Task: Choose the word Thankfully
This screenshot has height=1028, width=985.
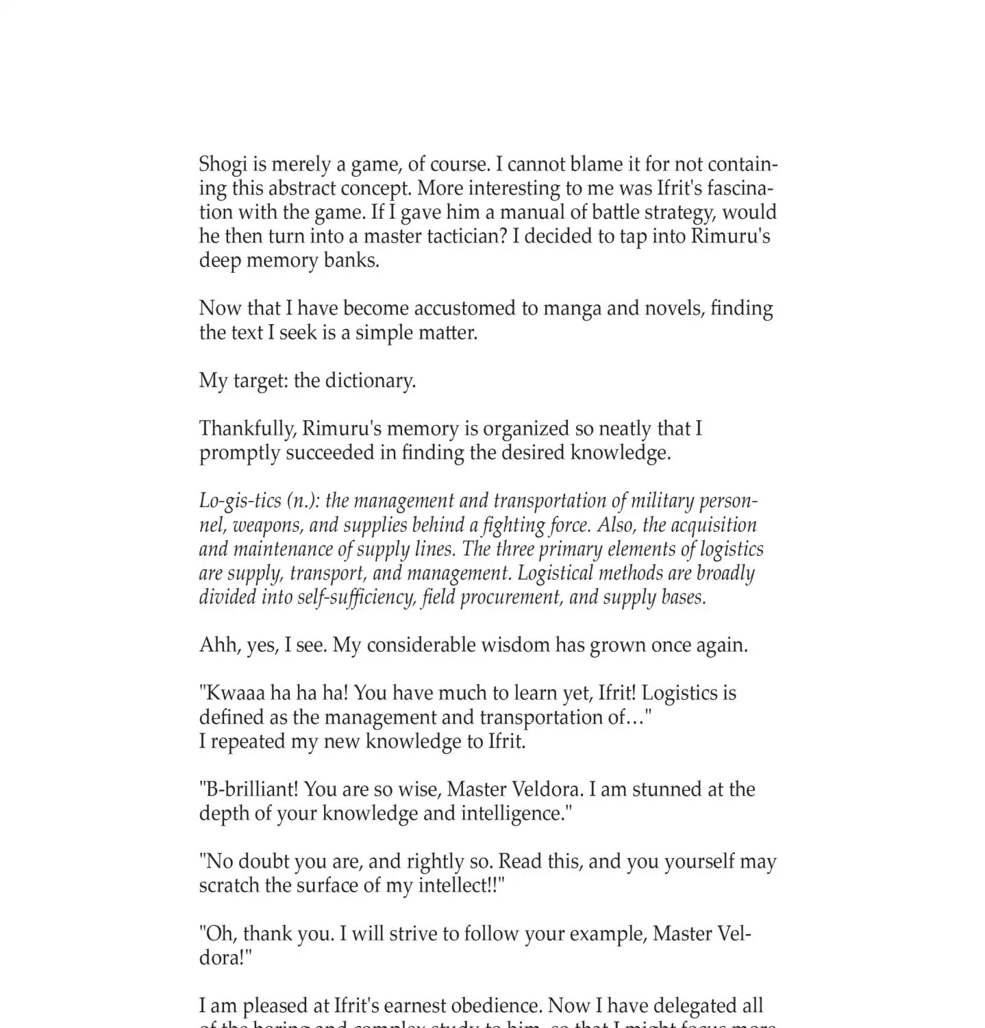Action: click(247, 429)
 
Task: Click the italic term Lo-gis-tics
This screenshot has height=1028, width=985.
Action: click(237, 501)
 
